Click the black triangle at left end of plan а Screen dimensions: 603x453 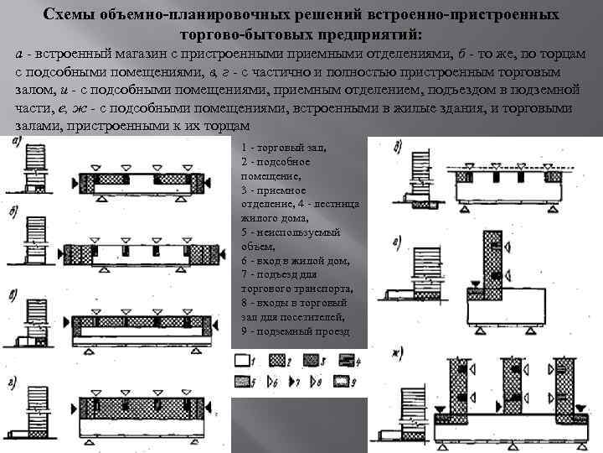coord(75,181)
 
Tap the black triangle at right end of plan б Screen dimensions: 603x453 coord(219,253)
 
